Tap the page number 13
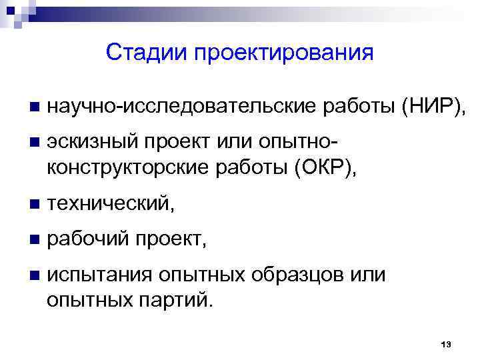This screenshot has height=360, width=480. [447, 344]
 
